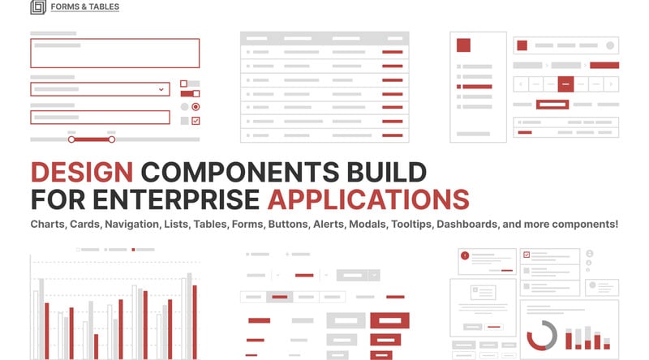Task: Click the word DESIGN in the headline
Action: pyautogui.click(x=81, y=173)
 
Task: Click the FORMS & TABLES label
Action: pyautogui.click(x=84, y=7)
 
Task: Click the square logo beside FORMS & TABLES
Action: pyautogui.click(x=38, y=7)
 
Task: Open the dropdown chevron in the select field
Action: pyautogui.click(x=161, y=89)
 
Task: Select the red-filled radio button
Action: pyautogui.click(x=196, y=106)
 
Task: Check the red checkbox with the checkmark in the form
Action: pyautogui.click(x=196, y=121)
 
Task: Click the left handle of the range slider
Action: pyautogui.click(x=71, y=139)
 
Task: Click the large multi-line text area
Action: pyautogui.click(x=114, y=53)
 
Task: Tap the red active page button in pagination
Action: pyautogui.click(x=566, y=83)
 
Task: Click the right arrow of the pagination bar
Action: pyautogui.click(x=611, y=83)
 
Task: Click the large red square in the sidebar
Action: pyautogui.click(x=464, y=45)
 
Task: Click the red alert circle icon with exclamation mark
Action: pyautogui.click(x=465, y=255)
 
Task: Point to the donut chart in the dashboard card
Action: pyautogui.click(x=542, y=335)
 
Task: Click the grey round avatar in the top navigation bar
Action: pyautogui.click(x=611, y=45)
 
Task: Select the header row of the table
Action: pyautogui.click(x=324, y=38)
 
